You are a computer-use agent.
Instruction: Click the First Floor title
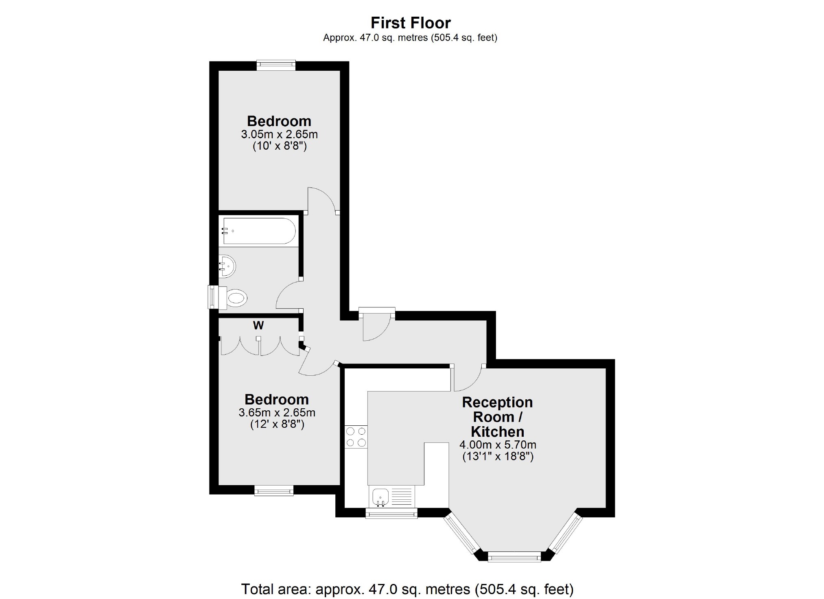click(410, 23)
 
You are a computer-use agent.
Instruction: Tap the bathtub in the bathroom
click(258, 231)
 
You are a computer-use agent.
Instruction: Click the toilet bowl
click(236, 298)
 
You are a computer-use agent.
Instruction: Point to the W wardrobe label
click(258, 325)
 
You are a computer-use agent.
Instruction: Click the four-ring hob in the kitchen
click(356, 437)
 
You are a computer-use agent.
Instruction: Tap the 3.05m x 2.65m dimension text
click(279, 134)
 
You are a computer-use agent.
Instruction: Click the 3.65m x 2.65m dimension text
click(277, 413)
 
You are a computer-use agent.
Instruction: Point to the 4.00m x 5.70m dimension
click(498, 445)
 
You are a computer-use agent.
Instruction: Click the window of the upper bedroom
click(276, 65)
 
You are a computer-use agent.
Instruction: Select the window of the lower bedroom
click(274, 491)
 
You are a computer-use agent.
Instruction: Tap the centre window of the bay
click(514, 557)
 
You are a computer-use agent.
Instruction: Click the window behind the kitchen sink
click(391, 514)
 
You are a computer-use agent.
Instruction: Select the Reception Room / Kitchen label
click(497, 417)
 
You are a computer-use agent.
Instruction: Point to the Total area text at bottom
click(407, 589)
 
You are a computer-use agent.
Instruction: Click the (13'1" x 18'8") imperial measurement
click(498, 456)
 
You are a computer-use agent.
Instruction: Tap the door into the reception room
click(468, 378)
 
